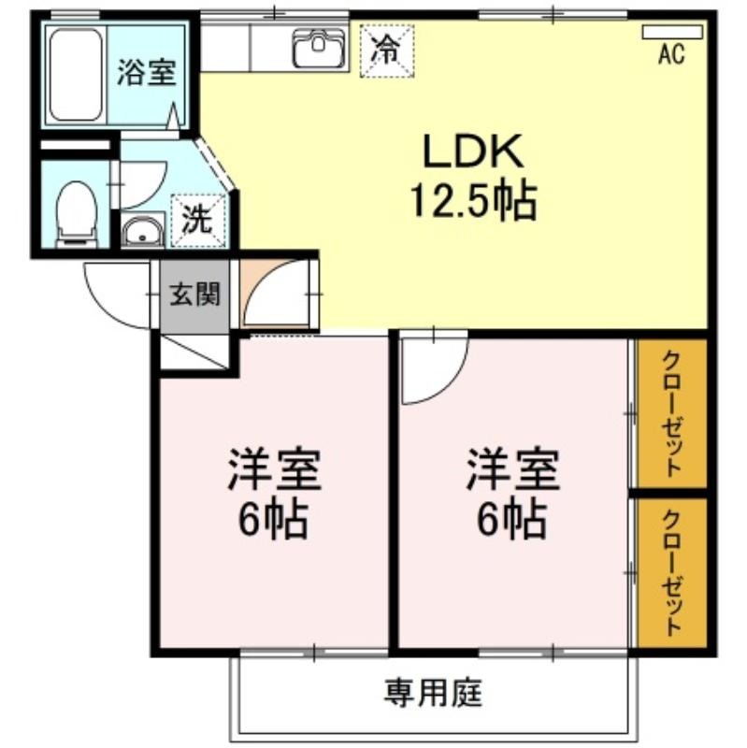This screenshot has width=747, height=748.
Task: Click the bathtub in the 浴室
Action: (76, 75)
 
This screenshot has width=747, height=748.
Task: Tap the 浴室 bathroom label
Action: (147, 73)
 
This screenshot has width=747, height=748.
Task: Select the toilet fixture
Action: (77, 215)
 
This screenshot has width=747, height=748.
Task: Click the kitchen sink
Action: (318, 48)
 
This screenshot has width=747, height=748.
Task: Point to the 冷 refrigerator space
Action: (387, 50)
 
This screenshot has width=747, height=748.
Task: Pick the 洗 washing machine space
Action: (198, 220)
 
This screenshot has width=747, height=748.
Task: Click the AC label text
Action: (671, 53)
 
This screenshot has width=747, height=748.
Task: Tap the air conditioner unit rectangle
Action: (672, 32)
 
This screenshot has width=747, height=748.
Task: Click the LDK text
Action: (473, 151)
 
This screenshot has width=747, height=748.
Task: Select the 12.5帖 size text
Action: (474, 201)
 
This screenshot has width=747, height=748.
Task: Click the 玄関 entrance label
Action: (195, 294)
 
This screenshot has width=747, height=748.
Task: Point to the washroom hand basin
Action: (142, 231)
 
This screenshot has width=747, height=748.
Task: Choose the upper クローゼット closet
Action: (672, 413)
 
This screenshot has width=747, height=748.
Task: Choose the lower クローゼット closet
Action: (672, 572)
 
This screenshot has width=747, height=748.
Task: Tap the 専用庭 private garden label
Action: (433, 692)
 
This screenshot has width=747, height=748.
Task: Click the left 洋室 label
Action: (274, 469)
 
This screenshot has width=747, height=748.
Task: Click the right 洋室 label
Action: (512, 469)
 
